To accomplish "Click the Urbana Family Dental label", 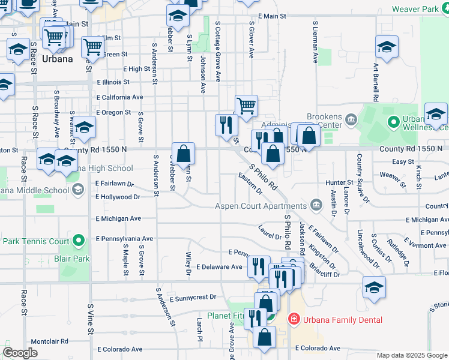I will click(x=343, y=320).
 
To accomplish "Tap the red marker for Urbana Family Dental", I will click(x=294, y=319).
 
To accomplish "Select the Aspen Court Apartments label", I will click(x=261, y=206).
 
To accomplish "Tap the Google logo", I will click(x=20, y=352).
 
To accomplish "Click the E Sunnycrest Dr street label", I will click(x=192, y=297).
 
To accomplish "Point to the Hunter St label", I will click(x=340, y=182).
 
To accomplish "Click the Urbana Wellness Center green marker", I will click(x=394, y=122).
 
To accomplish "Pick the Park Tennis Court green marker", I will click(x=79, y=241).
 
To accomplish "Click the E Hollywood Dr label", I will click(x=118, y=197).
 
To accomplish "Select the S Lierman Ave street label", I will click(x=315, y=43).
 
